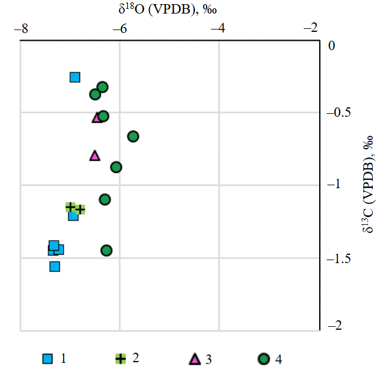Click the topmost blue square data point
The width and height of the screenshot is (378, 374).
click(x=75, y=77)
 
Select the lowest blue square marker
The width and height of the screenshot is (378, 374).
click(x=55, y=266)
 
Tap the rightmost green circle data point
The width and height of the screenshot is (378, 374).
click(x=133, y=136)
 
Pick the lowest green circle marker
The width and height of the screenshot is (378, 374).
click(x=107, y=250)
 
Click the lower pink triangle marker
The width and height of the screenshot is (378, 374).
click(x=95, y=156)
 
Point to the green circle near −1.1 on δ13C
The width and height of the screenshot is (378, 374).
click(x=105, y=199)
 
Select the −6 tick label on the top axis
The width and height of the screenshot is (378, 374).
click(x=120, y=28)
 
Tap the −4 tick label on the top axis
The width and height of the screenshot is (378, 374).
click(x=218, y=28)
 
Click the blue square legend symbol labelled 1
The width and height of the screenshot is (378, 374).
click(x=48, y=358)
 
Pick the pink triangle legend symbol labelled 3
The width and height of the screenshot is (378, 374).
click(x=194, y=358)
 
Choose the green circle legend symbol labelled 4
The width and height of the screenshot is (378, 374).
click(x=264, y=358)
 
